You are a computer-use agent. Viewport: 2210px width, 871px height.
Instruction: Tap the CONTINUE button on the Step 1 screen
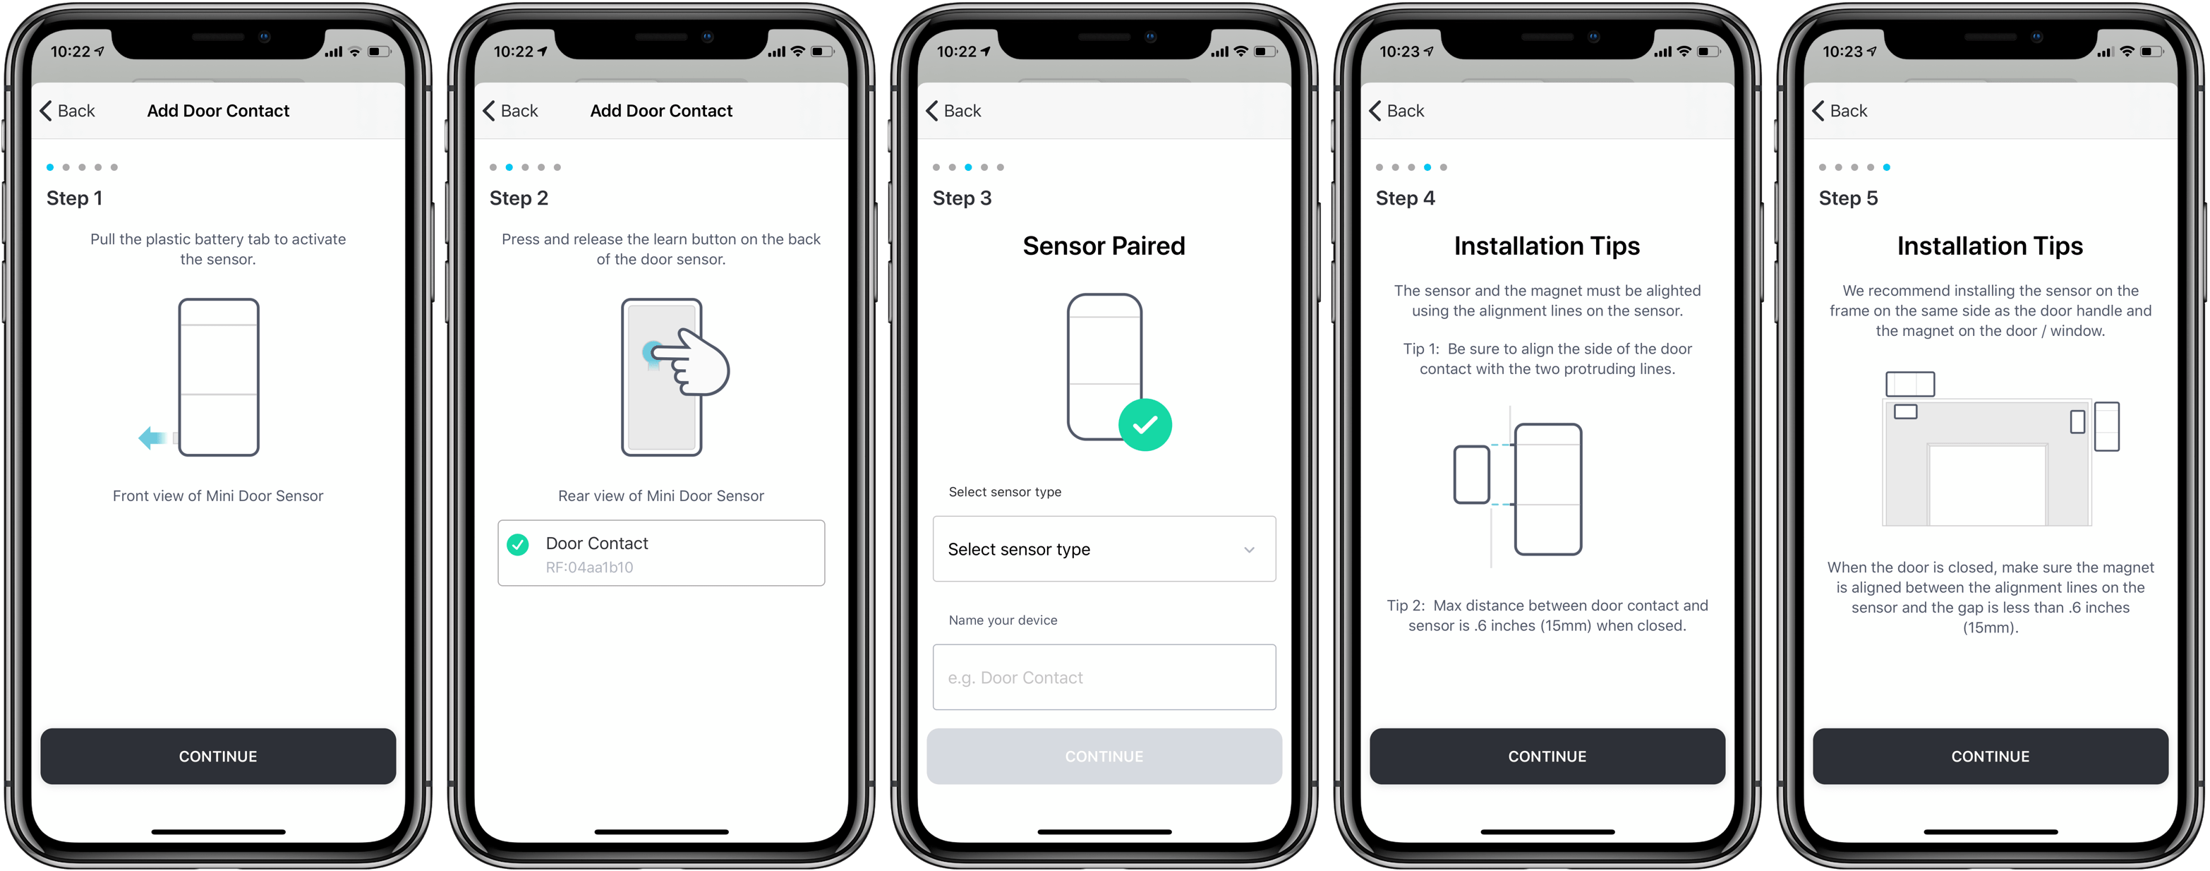[x=218, y=756]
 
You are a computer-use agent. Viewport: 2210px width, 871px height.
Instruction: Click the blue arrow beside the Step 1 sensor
[x=152, y=438]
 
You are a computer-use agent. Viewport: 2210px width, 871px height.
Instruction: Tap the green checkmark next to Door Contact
[x=518, y=544]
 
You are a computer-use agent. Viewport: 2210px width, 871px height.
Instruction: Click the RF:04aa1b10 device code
[x=589, y=567]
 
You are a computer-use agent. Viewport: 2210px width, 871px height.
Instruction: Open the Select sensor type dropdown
[x=1104, y=549]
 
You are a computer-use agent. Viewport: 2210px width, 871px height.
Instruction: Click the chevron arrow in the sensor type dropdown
[x=1249, y=550]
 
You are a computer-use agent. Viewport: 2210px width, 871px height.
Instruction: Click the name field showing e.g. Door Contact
[x=1104, y=677]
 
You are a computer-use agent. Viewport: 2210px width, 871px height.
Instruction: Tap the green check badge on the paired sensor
[x=1145, y=425]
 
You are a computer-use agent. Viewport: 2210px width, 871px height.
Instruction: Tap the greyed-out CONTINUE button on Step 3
[x=1104, y=756]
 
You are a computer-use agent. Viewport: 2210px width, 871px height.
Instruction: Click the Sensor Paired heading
[x=1104, y=246]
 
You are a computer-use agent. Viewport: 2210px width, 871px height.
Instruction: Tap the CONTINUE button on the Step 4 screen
[x=1547, y=756]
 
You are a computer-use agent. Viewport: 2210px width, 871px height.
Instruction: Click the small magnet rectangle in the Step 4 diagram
[x=1471, y=474]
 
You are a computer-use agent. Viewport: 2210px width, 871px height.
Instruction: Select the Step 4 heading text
[x=1404, y=198]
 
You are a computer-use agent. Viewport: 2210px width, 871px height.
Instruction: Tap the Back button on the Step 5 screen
[x=1840, y=111]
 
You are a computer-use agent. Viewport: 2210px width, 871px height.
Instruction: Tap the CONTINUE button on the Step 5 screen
[x=1990, y=756]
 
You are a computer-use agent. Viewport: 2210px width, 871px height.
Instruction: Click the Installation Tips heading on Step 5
[x=1990, y=246]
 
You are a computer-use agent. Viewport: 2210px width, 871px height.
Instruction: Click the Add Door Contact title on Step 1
[x=218, y=111]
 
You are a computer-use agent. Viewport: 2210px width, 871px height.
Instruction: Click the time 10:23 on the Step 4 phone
[x=1399, y=52]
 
